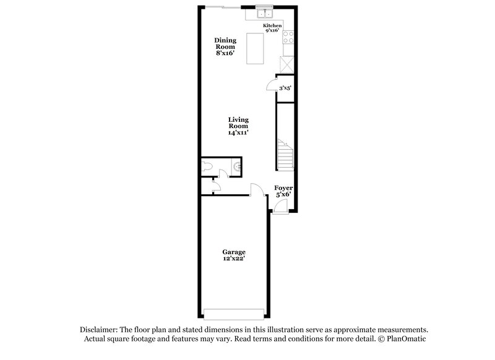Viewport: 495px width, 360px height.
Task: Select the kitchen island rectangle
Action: click(x=255, y=49)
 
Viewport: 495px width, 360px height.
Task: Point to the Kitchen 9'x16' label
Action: click(x=272, y=28)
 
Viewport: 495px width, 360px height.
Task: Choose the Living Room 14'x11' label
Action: click(x=238, y=126)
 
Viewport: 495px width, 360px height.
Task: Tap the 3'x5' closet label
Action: click(x=285, y=88)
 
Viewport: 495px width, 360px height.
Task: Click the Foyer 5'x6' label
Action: click(x=283, y=191)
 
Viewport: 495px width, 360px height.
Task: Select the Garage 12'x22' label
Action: click(x=234, y=255)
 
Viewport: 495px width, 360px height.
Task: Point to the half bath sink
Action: click(x=236, y=165)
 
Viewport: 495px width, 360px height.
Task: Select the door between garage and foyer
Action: click(x=256, y=190)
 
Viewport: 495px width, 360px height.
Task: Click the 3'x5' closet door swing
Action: click(x=270, y=86)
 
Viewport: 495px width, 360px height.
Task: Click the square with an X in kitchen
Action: click(x=287, y=64)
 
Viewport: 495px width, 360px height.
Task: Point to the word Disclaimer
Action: click(x=98, y=329)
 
